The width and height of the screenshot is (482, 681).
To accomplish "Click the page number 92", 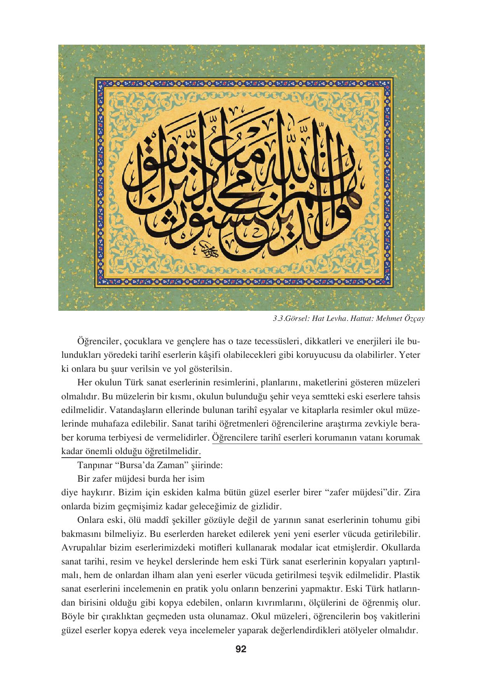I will pyautogui.click(x=241, y=649).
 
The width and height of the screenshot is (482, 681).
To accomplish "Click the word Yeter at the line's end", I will pyautogui.click(x=410, y=355).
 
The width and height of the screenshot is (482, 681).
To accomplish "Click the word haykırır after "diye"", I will pyautogui.click(x=96, y=493).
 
